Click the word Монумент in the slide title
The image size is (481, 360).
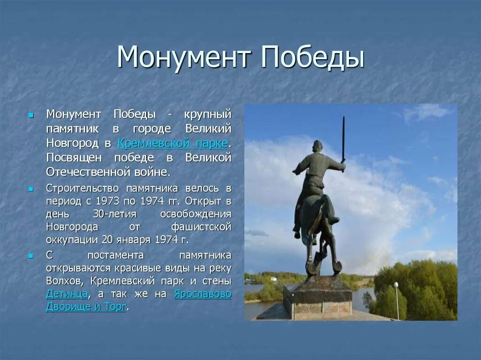pyautogui.click(x=184, y=57)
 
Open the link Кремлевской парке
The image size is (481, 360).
pyautogui.click(x=173, y=143)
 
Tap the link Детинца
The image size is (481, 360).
pyautogui.click(x=67, y=294)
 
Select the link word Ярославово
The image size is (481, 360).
pyautogui.click(x=203, y=294)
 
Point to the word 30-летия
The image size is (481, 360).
pyautogui.click(x=115, y=214)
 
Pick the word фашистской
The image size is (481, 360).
pyautogui.click(x=201, y=227)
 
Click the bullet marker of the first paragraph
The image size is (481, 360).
pyautogui.click(x=31, y=116)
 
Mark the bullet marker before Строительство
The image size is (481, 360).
pyautogui.click(x=31, y=190)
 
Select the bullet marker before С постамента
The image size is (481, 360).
pyautogui.click(x=31, y=256)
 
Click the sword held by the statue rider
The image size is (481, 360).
pyautogui.click(x=343, y=139)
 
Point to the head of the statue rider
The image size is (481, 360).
pyautogui.click(x=318, y=146)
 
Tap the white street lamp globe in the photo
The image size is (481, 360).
pyautogui.click(x=396, y=285)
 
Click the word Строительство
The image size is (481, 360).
pyautogui.click(x=83, y=188)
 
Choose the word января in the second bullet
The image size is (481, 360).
pyautogui.click(x=133, y=239)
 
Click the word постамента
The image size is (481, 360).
pyautogui.click(x=116, y=255)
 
